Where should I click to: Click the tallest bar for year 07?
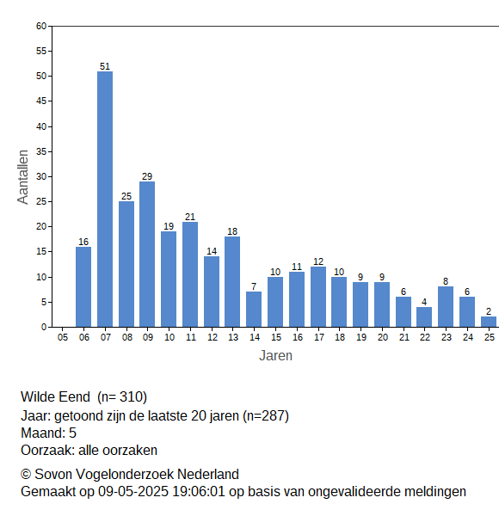coord(105,200)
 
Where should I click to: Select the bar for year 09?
coord(147,254)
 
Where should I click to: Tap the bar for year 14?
coord(254,310)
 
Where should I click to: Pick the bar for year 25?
coord(489,322)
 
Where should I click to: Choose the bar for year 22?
coord(424,316)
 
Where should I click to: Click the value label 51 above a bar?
coord(105,66)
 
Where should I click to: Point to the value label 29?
coord(147,176)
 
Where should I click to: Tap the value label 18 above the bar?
coord(232,231)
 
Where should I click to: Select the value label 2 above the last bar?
coord(489,311)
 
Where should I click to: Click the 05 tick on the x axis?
coord(63,337)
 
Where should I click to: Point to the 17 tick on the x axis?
coord(319,337)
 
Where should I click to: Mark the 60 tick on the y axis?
coord(41,26)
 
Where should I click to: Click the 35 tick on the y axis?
coord(41,151)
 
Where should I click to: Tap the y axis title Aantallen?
coord(23,177)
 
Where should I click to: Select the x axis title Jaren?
coord(275,356)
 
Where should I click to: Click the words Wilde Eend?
coord(55,396)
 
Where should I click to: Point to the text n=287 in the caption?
coord(266,416)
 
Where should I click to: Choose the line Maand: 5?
coord(49,433)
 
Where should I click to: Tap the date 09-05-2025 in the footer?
coord(133,492)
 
